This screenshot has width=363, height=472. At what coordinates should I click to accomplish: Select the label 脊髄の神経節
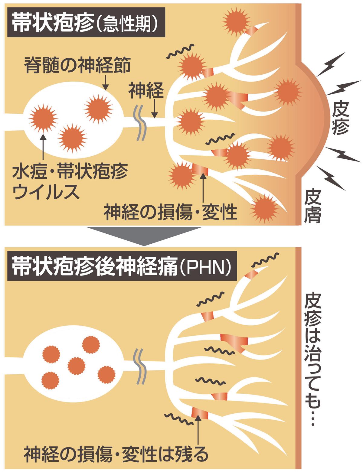77,65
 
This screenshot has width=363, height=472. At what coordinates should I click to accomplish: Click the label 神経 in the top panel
146,91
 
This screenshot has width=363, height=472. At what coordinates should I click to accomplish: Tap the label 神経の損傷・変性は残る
116,455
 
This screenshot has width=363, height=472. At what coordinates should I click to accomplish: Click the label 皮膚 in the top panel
312,206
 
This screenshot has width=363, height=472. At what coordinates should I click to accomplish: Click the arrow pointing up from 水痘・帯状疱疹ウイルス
43,147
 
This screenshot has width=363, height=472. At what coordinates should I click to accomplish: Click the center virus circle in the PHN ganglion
77,366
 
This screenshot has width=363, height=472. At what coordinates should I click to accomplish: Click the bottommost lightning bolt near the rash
331,178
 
